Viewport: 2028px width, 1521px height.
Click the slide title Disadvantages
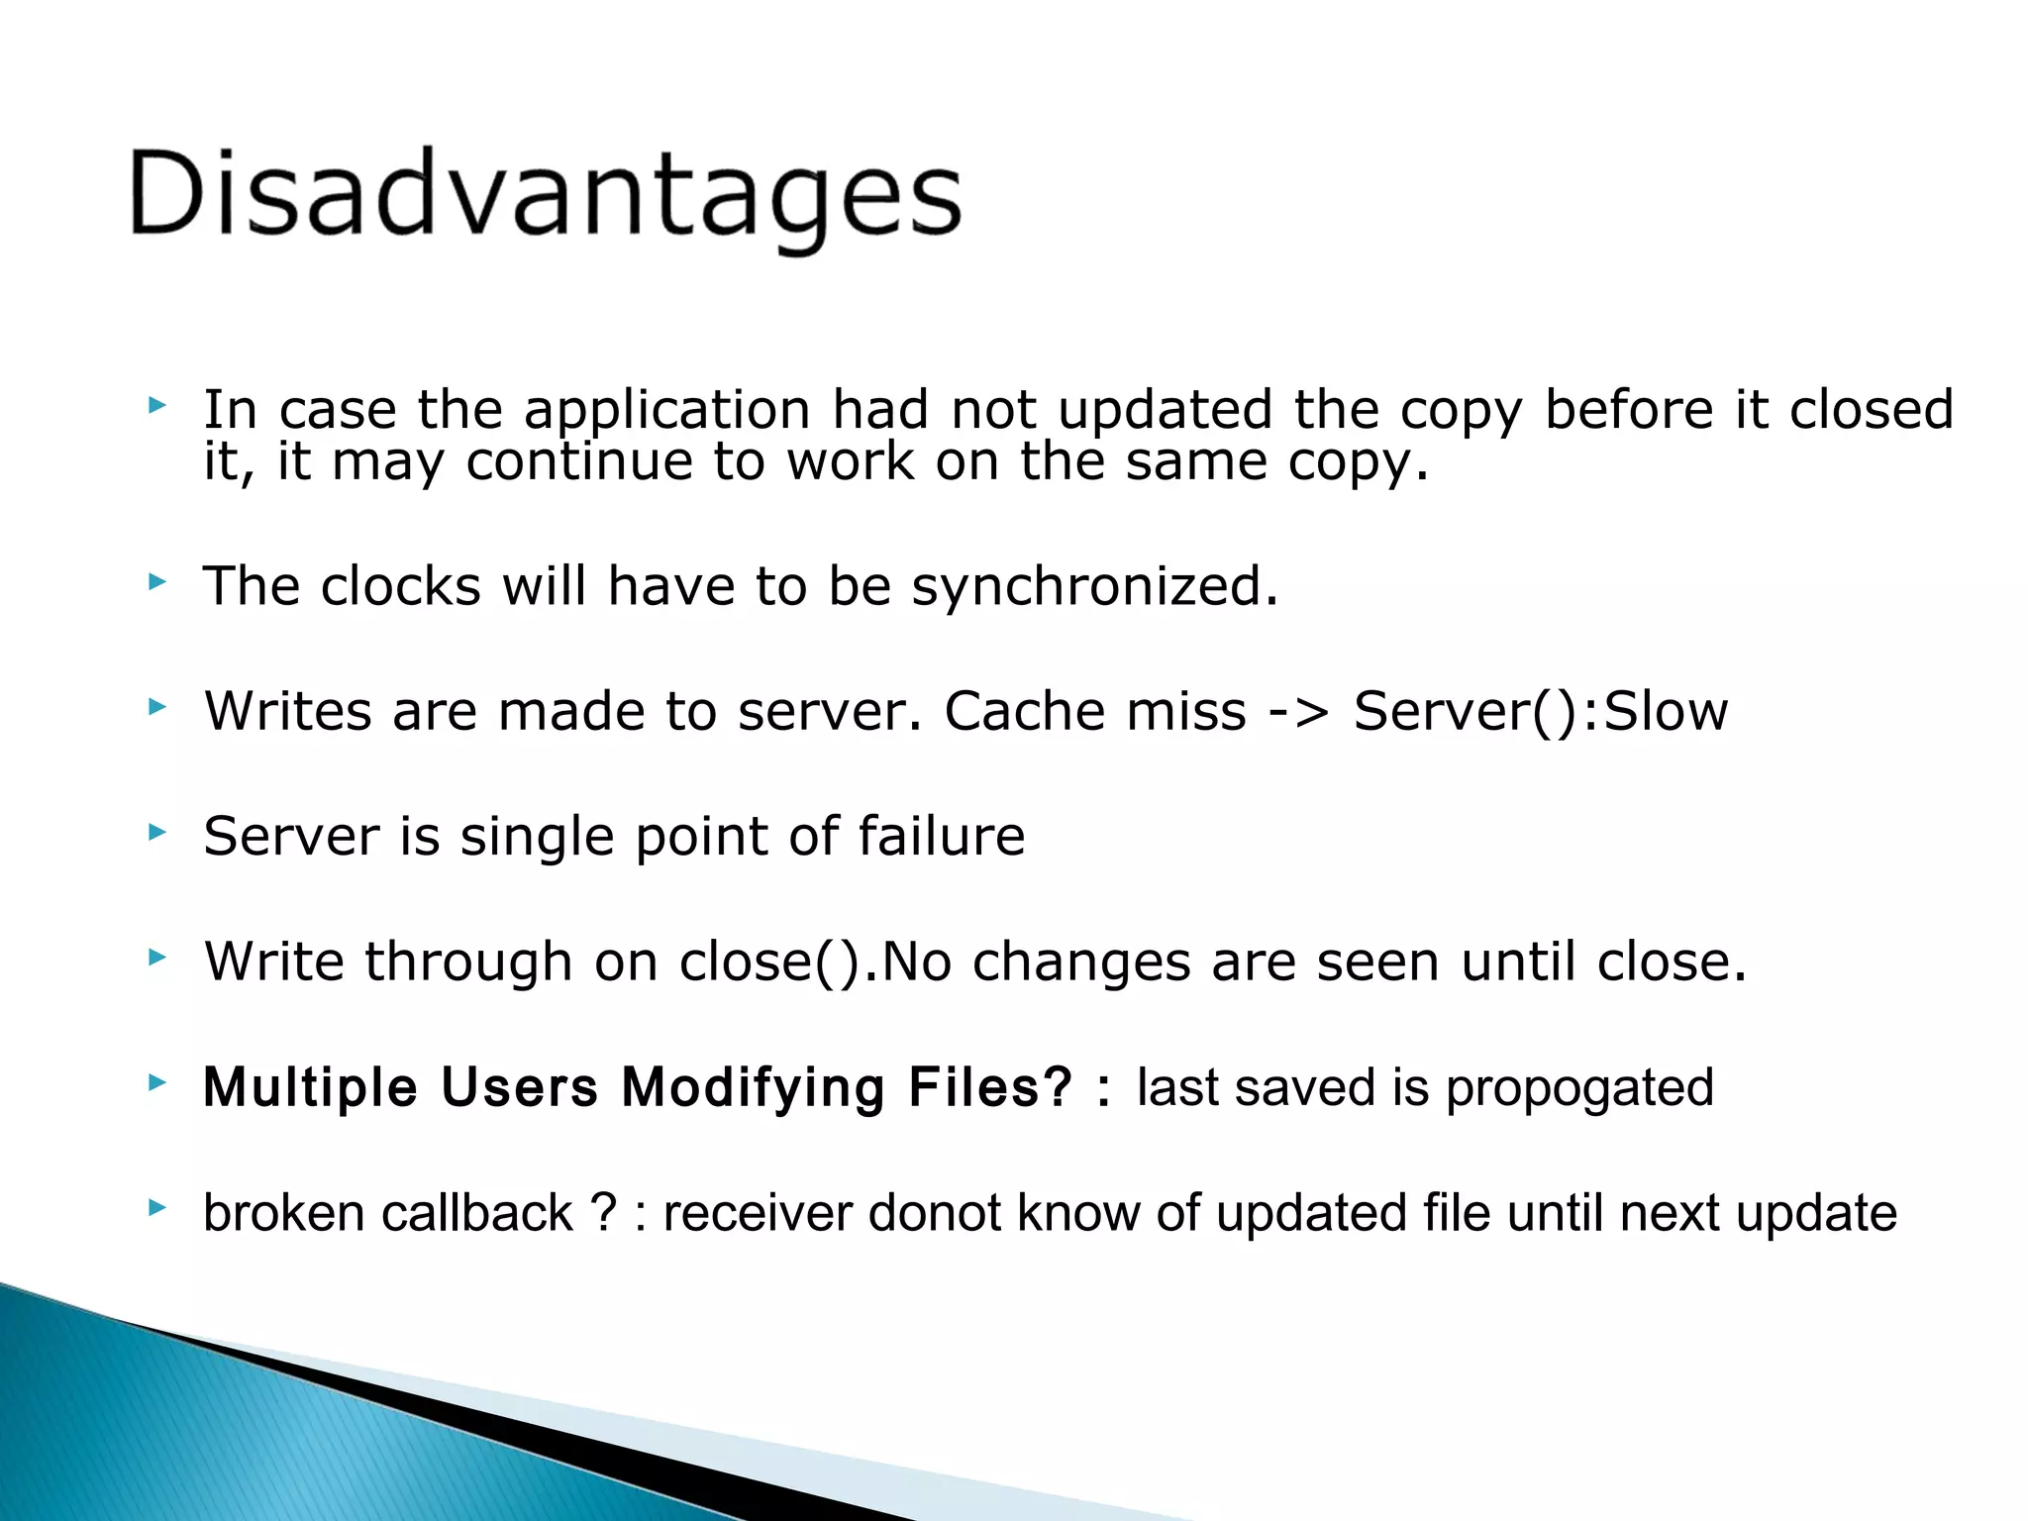[545, 195]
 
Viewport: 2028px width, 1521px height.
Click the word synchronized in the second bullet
[1093, 586]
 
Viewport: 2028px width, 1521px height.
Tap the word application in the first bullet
[666, 410]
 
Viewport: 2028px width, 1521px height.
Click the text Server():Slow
[1540, 712]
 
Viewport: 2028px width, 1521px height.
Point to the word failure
[941, 837]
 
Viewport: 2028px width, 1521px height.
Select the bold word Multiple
[310, 1087]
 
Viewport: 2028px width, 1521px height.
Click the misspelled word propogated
[1579, 1087]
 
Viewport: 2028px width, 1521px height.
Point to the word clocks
[400, 586]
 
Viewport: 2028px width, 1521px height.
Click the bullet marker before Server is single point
[156, 832]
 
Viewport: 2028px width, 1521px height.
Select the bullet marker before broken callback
[156, 1207]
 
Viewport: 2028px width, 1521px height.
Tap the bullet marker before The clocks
[156, 581]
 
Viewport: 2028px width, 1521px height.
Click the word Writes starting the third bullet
[287, 712]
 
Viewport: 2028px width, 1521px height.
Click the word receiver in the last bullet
[758, 1213]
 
